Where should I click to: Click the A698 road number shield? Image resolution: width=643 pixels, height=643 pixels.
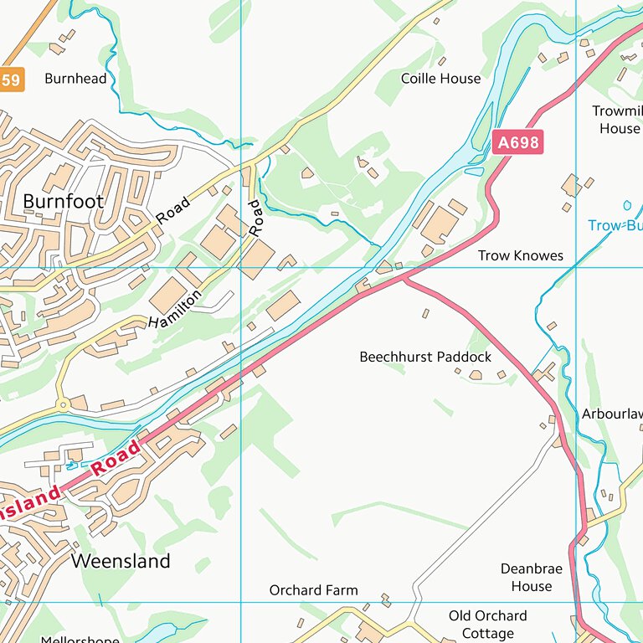[518, 142]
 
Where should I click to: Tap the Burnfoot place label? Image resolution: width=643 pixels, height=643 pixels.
[64, 202]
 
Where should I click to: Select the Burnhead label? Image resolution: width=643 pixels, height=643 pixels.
[75, 79]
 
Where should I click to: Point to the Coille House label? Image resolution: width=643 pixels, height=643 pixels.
[440, 79]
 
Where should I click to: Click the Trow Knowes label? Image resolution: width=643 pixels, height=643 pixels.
[521, 255]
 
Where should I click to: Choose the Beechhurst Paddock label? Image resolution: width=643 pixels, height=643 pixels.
[425, 357]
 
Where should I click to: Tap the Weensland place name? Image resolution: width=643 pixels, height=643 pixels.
[121, 561]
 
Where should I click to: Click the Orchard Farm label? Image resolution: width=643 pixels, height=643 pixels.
[313, 590]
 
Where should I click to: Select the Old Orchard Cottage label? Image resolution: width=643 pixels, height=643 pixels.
[487, 625]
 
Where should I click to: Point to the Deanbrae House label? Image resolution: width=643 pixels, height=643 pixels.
[532, 578]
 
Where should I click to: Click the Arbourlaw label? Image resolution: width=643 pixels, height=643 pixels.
[612, 414]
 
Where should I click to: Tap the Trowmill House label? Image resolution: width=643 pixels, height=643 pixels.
[619, 120]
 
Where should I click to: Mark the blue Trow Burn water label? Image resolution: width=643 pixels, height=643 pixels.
[615, 225]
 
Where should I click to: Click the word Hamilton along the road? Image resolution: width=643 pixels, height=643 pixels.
[176, 308]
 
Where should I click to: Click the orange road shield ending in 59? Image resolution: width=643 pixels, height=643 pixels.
[10, 80]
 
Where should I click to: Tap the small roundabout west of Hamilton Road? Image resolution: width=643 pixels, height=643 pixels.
[62, 404]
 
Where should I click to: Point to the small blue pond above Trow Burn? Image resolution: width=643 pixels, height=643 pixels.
[627, 204]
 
